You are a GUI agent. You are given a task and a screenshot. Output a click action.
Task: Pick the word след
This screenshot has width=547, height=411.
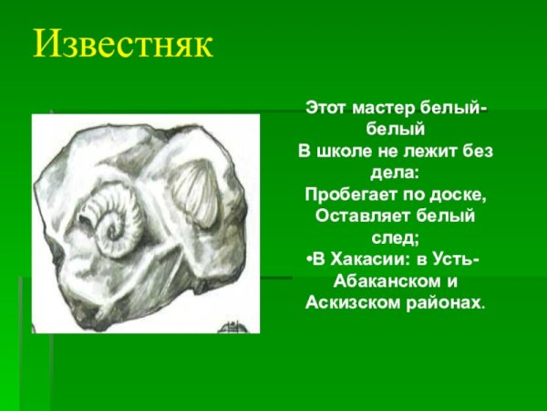point(388,237)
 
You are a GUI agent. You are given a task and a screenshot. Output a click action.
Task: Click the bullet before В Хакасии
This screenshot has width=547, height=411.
point(302,260)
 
